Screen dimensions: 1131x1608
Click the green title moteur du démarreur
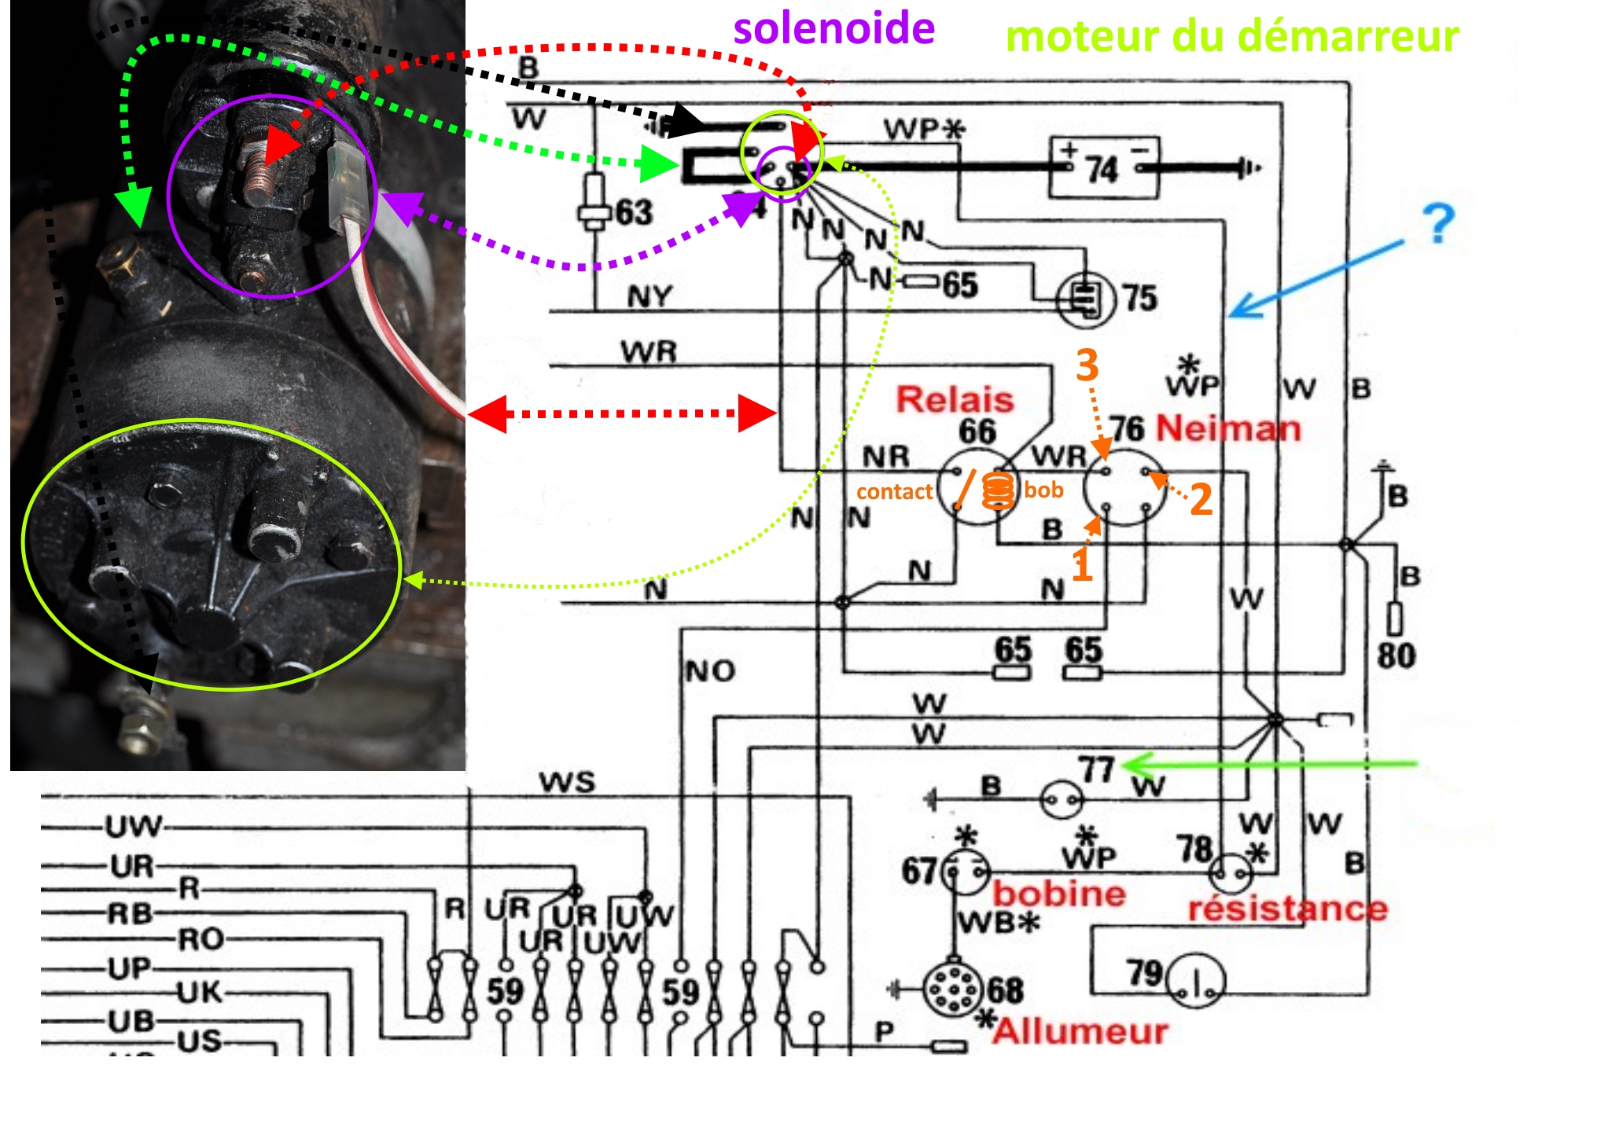[1232, 36]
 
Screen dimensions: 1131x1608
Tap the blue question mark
[1438, 224]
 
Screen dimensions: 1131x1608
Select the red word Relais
[955, 399]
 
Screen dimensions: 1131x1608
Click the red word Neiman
[1228, 428]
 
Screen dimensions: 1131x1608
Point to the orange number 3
[1087, 365]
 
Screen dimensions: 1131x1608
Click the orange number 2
[1201, 499]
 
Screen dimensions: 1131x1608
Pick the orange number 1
[1082, 565]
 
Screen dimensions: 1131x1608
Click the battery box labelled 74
[1103, 168]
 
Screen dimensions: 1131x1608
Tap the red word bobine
[1058, 894]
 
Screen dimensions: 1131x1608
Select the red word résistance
[1287, 909]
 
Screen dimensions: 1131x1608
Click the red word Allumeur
[1080, 1030]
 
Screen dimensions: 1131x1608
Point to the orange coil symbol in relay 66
[999, 492]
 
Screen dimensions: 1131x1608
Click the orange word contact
[894, 492]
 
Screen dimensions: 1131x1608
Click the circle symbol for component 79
[1195, 981]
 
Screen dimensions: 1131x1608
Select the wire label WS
[567, 783]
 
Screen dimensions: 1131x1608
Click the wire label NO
[710, 671]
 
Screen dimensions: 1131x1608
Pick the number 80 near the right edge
[1396, 655]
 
